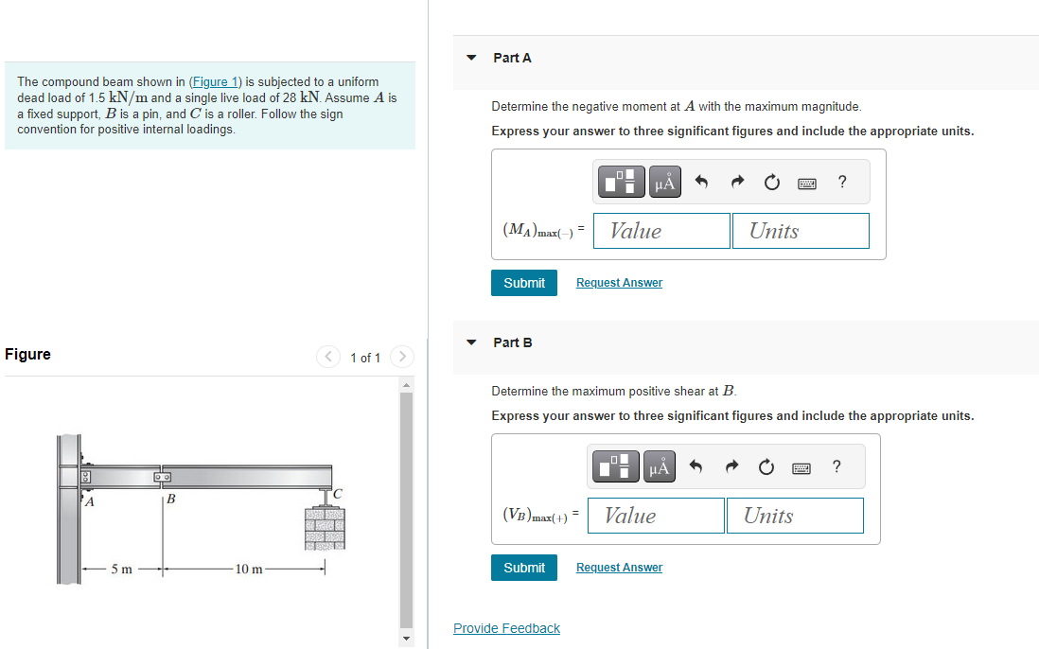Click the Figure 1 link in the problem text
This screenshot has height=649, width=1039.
click(216, 82)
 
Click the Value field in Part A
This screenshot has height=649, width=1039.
click(661, 231)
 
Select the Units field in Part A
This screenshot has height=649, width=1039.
click(800, 231)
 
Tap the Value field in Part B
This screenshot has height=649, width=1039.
click(656, 516)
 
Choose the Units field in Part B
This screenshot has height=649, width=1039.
click(795, 516)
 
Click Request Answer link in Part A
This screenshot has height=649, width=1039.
click(619, 283)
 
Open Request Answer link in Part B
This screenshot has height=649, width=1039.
click(619, 568)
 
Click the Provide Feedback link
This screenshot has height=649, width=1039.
click(506, 628)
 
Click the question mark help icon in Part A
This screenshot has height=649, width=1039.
click(842, 183)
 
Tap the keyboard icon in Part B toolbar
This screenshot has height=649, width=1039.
click(802, 467)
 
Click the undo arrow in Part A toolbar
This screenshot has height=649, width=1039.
click(701, 183)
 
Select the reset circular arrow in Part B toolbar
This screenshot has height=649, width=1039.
click(766, 467)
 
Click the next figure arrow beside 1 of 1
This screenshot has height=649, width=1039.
click(402, 357)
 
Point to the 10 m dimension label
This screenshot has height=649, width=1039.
click(249, 569)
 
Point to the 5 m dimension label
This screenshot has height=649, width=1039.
click(121, 569)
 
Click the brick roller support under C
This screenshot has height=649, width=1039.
click(325, 528)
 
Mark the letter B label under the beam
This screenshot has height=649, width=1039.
click(171, 500)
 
